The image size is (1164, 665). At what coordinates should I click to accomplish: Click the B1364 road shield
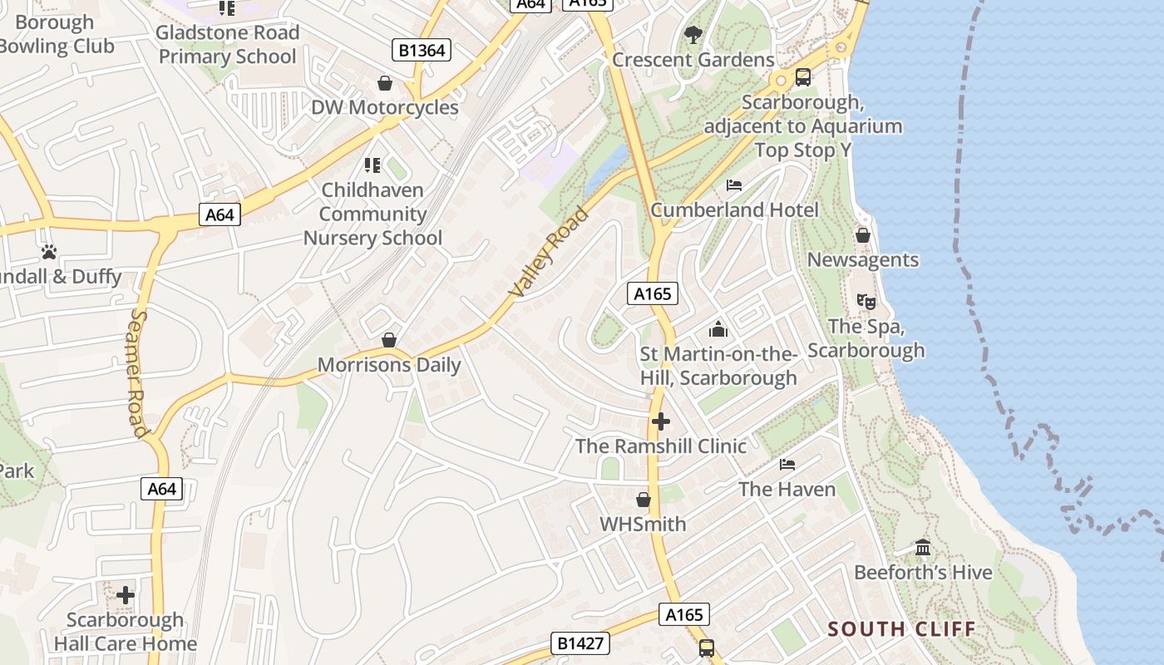(x=422, y=51)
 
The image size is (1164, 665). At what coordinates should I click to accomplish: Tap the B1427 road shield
(x=580, y=643)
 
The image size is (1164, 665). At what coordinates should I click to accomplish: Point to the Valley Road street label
(x=549, y=253)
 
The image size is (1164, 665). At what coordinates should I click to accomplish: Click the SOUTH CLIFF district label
(x=902, y=628)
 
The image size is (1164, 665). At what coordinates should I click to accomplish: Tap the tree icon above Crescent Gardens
(x=693, y=35)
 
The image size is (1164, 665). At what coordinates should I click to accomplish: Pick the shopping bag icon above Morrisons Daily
(x=388, y=340)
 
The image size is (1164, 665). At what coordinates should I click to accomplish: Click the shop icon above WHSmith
(x=643, y=500)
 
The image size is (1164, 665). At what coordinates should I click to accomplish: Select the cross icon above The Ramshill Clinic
(x=661, y=421)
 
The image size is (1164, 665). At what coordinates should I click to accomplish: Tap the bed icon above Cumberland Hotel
(x=734, y=185)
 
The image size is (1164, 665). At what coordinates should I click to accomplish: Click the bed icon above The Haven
(x=787, y=464)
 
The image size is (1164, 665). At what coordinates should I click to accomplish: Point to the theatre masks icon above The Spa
(x=866, y=302)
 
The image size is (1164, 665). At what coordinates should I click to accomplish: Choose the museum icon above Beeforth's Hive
(x=923, y=548)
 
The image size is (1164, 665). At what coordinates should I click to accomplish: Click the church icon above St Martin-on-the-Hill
(x=718, y=330)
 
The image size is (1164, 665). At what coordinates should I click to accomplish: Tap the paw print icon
(x=49, y=251)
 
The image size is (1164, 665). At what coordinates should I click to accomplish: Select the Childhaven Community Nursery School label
(x=372, y=214)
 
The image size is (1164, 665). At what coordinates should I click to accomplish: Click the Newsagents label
(x=863, y=260)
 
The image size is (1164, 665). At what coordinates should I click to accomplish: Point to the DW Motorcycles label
(x=384, y=108)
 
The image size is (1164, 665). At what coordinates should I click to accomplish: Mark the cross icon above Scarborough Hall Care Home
(x=126, y=595)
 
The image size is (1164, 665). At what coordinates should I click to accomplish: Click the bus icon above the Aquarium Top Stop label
(x=803, y=77)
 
